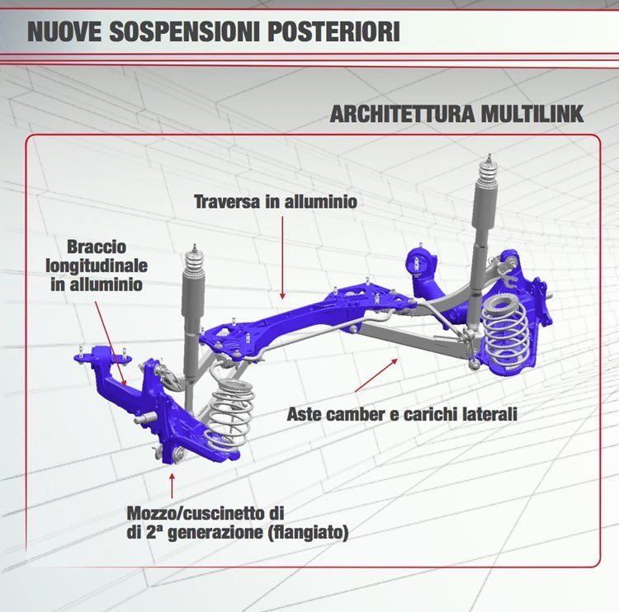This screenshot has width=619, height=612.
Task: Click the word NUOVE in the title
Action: pyautogui.click(x=64, y=31)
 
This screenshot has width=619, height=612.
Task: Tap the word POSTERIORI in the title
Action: pyautogui.click(x=334, y=31)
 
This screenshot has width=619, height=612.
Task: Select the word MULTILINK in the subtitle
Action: pyautogui.click(x=532, y=114)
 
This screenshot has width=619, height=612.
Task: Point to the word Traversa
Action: pyautogui.click(x=228, y=201)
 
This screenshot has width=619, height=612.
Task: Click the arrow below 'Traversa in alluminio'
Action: pyautogui.click(x=282, y=257)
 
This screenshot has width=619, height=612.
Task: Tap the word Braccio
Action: pyautogui.click(x=97, y=247)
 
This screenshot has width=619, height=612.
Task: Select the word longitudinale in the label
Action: pyautogui.click(x=97, y=266)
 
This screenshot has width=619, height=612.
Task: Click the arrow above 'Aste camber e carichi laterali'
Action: pyautogui.click(x=376, y=374)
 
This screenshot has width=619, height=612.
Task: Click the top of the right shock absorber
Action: pyautogui.click(x=489, y=156)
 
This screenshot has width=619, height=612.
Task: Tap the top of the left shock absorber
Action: pyautogui.click(x=194, y=247)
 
